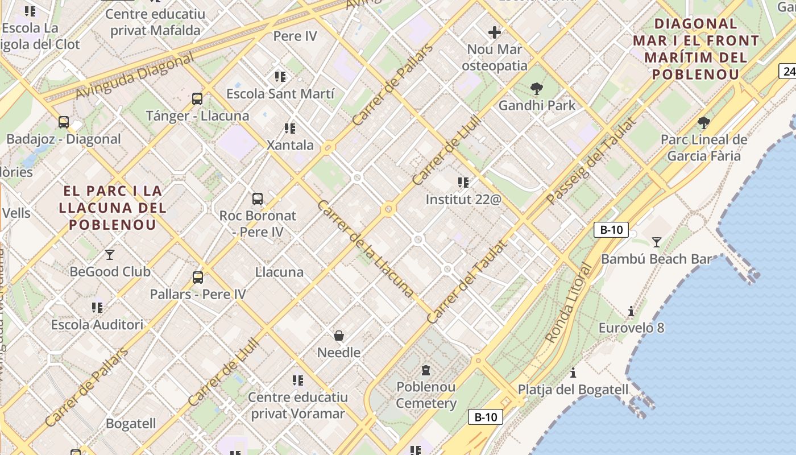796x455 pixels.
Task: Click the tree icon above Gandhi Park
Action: coord(536,88)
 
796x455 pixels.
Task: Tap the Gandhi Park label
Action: coord(537,105)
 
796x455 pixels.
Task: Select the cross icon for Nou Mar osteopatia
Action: coord(495,32)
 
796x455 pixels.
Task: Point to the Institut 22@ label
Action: coord(463,200)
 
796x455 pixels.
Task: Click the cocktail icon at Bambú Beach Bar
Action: coord(657,242)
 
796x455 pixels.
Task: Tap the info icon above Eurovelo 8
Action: coord(631,311)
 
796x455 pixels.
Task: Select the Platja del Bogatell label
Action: coord(573,390)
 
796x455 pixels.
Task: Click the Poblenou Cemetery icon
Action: coord(426,370)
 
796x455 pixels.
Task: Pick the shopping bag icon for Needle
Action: coord(339,336)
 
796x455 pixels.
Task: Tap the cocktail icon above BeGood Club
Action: coord(110,254)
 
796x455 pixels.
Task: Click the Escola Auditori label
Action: coord(97,325)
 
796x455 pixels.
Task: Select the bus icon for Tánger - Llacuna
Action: coord(197,99)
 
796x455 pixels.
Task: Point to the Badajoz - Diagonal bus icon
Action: coord(64,122)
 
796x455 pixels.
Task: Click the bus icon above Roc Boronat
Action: coord(258,199)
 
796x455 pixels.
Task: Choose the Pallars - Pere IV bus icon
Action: coord(198,278)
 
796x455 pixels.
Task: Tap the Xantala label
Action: coord(291,145)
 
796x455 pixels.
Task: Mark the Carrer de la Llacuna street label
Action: coord(365,248)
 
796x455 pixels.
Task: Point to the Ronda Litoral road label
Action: coord(569,303)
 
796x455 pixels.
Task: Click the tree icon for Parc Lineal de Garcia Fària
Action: coord(704,122)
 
